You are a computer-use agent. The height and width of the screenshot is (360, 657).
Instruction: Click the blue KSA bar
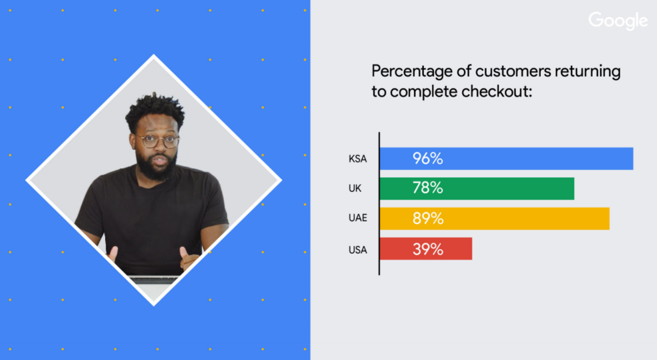point(506,159)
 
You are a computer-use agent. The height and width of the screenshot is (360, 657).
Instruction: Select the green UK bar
point(477,188)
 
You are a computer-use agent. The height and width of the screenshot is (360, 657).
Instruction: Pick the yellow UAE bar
point(495,218)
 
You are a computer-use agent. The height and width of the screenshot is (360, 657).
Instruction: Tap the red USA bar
point(426,249)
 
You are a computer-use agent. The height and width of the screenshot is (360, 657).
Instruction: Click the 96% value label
point(428,159)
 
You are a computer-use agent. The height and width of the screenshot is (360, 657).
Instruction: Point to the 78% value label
point(428,188)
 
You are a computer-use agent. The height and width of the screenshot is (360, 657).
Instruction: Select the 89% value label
point(428,218)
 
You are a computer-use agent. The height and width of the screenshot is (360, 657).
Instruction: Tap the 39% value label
point(428,249)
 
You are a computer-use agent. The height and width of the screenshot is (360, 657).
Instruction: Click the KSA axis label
point(358,159)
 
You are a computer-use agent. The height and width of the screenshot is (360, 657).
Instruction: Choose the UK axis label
point(355,188)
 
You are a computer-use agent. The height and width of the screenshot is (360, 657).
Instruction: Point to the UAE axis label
point(358,218)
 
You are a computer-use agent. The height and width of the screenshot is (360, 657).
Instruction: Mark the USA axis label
point(358,250)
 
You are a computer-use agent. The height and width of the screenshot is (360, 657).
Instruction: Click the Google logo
point(618,21)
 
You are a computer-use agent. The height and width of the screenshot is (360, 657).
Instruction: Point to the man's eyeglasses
point(157,142)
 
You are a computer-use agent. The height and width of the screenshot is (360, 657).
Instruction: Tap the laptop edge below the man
point(154,279)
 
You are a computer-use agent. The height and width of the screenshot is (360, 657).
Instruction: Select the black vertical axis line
point(379,204)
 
